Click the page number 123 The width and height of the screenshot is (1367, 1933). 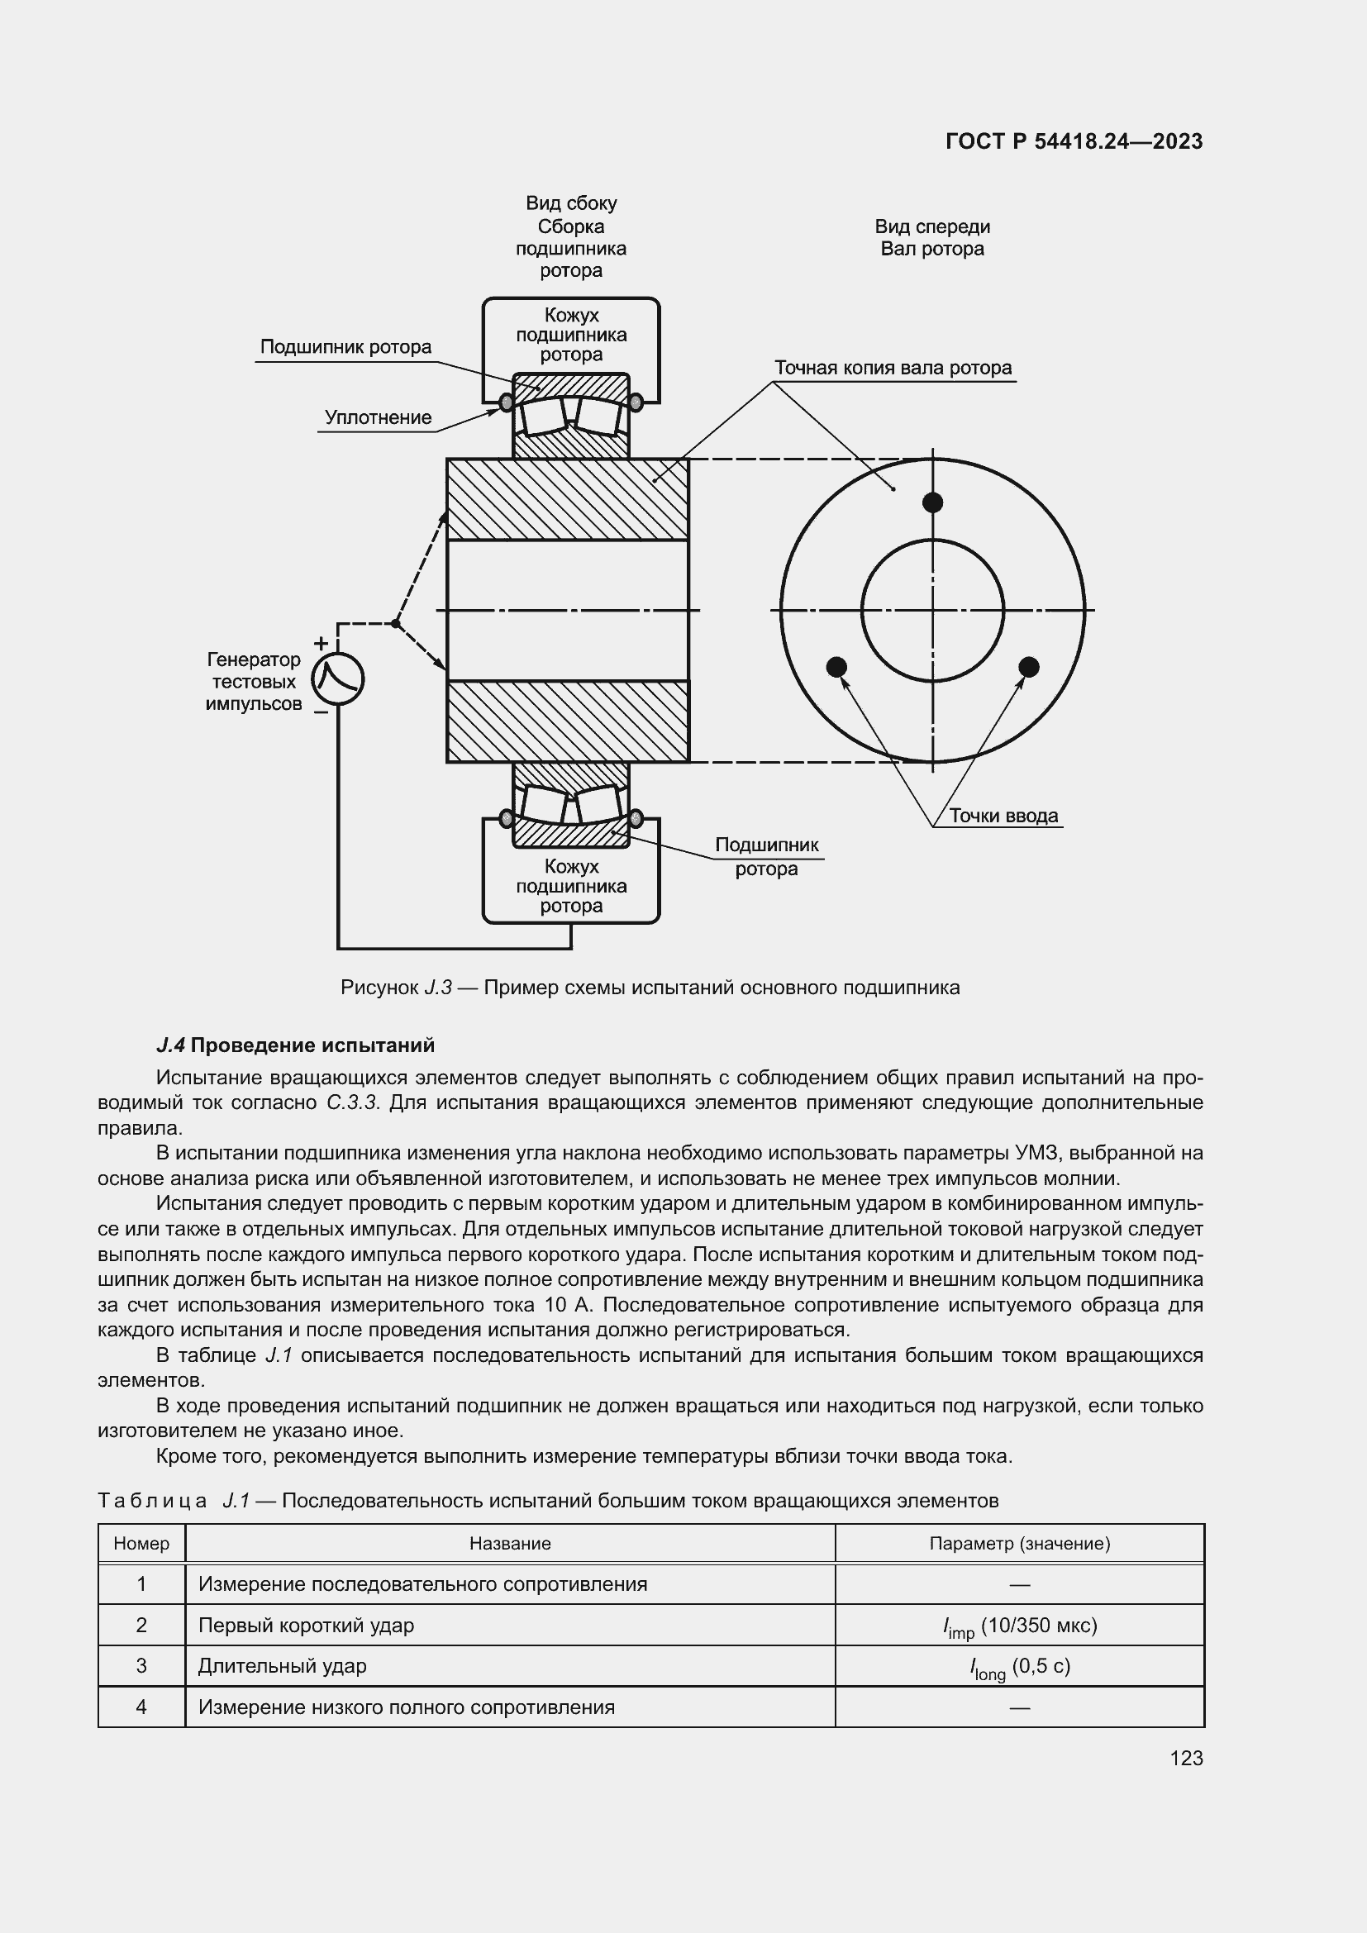pos(1185,1758)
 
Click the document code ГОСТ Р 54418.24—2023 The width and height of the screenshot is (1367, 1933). pos(1074,141)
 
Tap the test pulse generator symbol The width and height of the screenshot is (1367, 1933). pos(337,678)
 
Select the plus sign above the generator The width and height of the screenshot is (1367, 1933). pos(321,644)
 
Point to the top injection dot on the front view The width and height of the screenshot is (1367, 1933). pos(931,502)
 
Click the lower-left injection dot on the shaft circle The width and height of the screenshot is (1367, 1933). pos(836,667)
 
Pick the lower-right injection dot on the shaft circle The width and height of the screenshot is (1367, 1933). pos(1029,667)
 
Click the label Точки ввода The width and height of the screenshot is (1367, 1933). pos(1003,816)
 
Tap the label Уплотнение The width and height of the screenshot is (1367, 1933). pos(378,417)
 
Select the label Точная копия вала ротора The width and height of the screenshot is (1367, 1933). pos(893,368)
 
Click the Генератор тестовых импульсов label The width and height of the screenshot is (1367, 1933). pos(254,682)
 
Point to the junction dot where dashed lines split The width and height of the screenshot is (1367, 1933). pos(395,624)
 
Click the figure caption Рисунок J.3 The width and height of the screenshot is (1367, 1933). pos(650,988)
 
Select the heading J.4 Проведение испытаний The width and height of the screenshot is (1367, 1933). pos(295,1045)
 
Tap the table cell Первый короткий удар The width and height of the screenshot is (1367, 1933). pos(307,1625)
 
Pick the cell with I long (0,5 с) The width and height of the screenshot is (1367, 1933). pos(1019,1666)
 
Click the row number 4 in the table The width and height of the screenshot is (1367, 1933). pos(141,1707)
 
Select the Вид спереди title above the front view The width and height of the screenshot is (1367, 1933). pos(931,226)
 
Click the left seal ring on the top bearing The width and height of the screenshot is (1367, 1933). pos(506,403)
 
